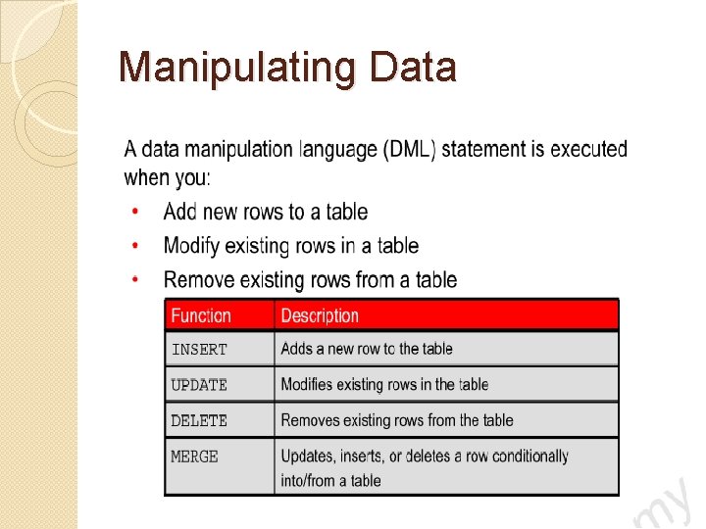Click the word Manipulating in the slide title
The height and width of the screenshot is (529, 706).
(239, 69)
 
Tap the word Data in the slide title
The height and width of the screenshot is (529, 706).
(413, 68)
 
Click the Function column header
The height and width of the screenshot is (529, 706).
(201, 315)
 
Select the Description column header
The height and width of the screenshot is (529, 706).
(320, 315)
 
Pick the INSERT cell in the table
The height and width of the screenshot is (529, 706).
(199, 349)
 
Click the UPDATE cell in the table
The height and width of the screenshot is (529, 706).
(199, 385)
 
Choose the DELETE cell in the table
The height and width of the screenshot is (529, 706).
(199, 420)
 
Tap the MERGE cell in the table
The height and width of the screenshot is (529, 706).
(194, 457)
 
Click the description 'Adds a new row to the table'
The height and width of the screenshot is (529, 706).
(367, 349)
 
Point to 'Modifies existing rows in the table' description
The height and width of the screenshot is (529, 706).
(384, 385)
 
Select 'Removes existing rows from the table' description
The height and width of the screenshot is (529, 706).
(397, 420)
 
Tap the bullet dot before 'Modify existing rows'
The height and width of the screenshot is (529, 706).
(135, 246)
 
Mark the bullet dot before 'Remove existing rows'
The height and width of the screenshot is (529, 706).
(135, 280)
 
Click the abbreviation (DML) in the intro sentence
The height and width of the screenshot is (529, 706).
(415, 150)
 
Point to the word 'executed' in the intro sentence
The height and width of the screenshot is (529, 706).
(588, 150)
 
